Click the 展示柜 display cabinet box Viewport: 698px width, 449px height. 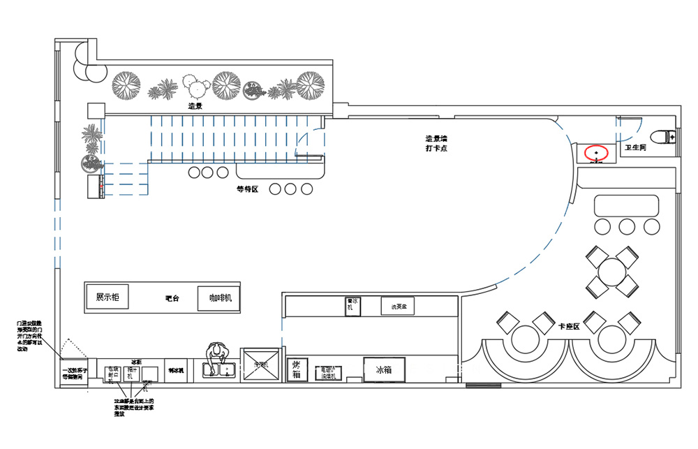(x=107, y=297)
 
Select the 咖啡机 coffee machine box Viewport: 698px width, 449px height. (x=219, y=298)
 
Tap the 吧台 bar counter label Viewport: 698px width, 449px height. (x=172, y=298)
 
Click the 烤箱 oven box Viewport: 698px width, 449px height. (x=297, y=369)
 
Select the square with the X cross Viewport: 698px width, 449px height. (x=260, y=365)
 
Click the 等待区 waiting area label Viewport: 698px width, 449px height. (x=247, y=189)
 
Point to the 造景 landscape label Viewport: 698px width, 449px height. (x=195, y=107)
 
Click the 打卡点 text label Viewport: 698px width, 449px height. (x=436, y=149)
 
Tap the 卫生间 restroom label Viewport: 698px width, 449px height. (x=636, y=148)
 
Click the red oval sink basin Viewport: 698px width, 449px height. (x=596, y=152)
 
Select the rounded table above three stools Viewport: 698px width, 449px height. (x=626, y=206)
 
